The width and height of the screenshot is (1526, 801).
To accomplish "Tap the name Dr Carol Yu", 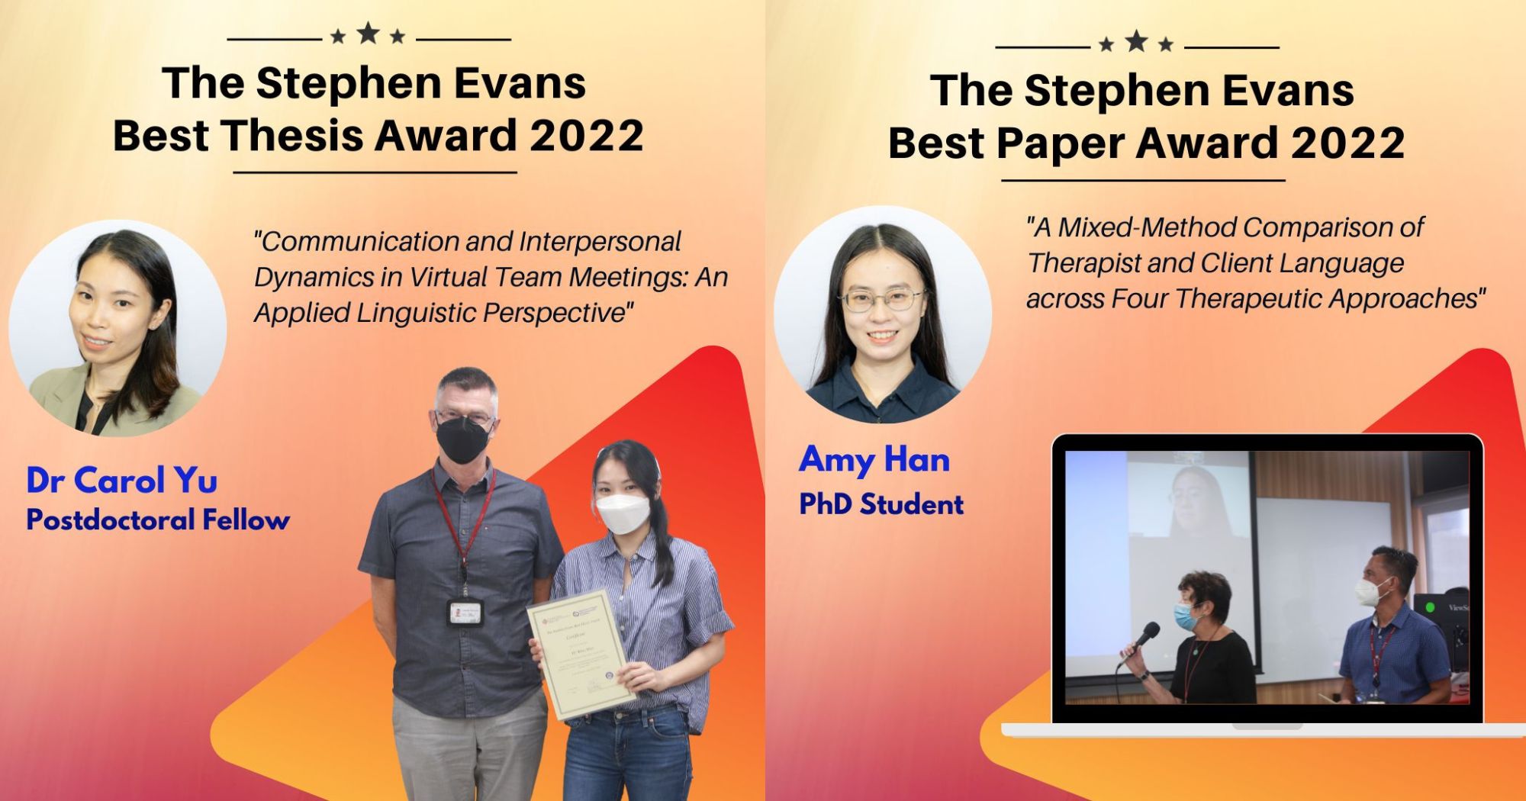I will (x=122, y=481).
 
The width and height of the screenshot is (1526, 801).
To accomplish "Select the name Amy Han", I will (x=874, y=460).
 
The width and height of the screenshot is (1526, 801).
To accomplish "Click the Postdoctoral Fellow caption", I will (x=158, y=520).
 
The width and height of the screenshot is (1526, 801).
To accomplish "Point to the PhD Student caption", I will (x=881, y=504).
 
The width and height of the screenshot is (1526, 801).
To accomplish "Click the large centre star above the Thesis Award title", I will (x=368, y=33).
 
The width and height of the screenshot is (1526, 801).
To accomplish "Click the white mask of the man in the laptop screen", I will (x=1370, y=591).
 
